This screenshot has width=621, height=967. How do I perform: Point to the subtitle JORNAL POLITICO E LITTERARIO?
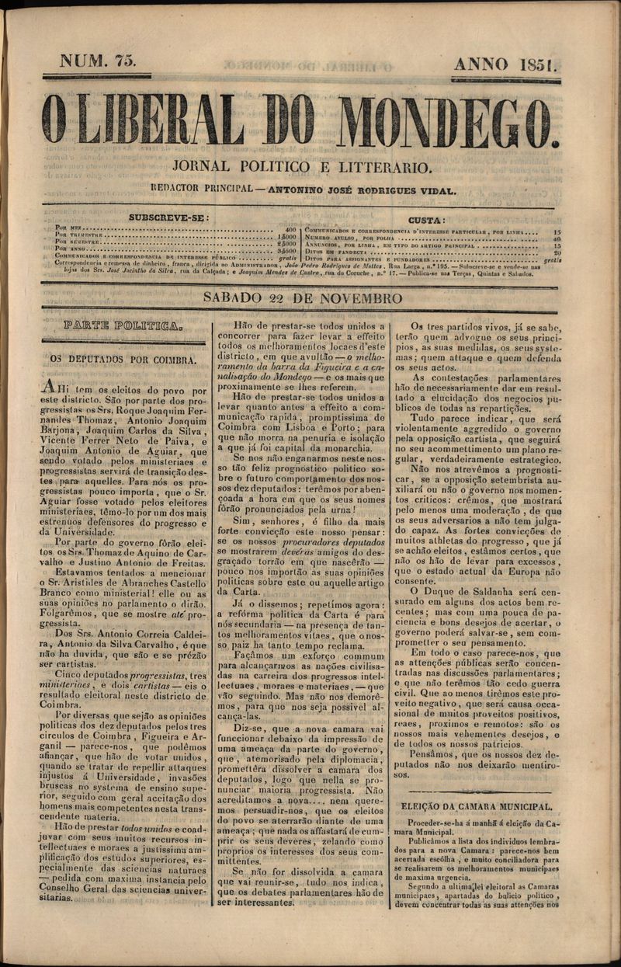click(x=302, y=167)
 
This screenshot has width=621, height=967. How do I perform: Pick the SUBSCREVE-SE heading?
click(x=169, y=218)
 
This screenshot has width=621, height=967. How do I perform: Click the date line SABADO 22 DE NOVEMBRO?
click(x=303, y=298)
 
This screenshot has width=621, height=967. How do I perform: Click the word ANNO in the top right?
click(x=481, y=64)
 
